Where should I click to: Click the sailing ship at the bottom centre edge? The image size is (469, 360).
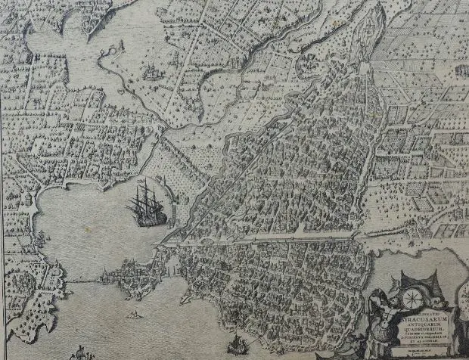coord(238,347)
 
